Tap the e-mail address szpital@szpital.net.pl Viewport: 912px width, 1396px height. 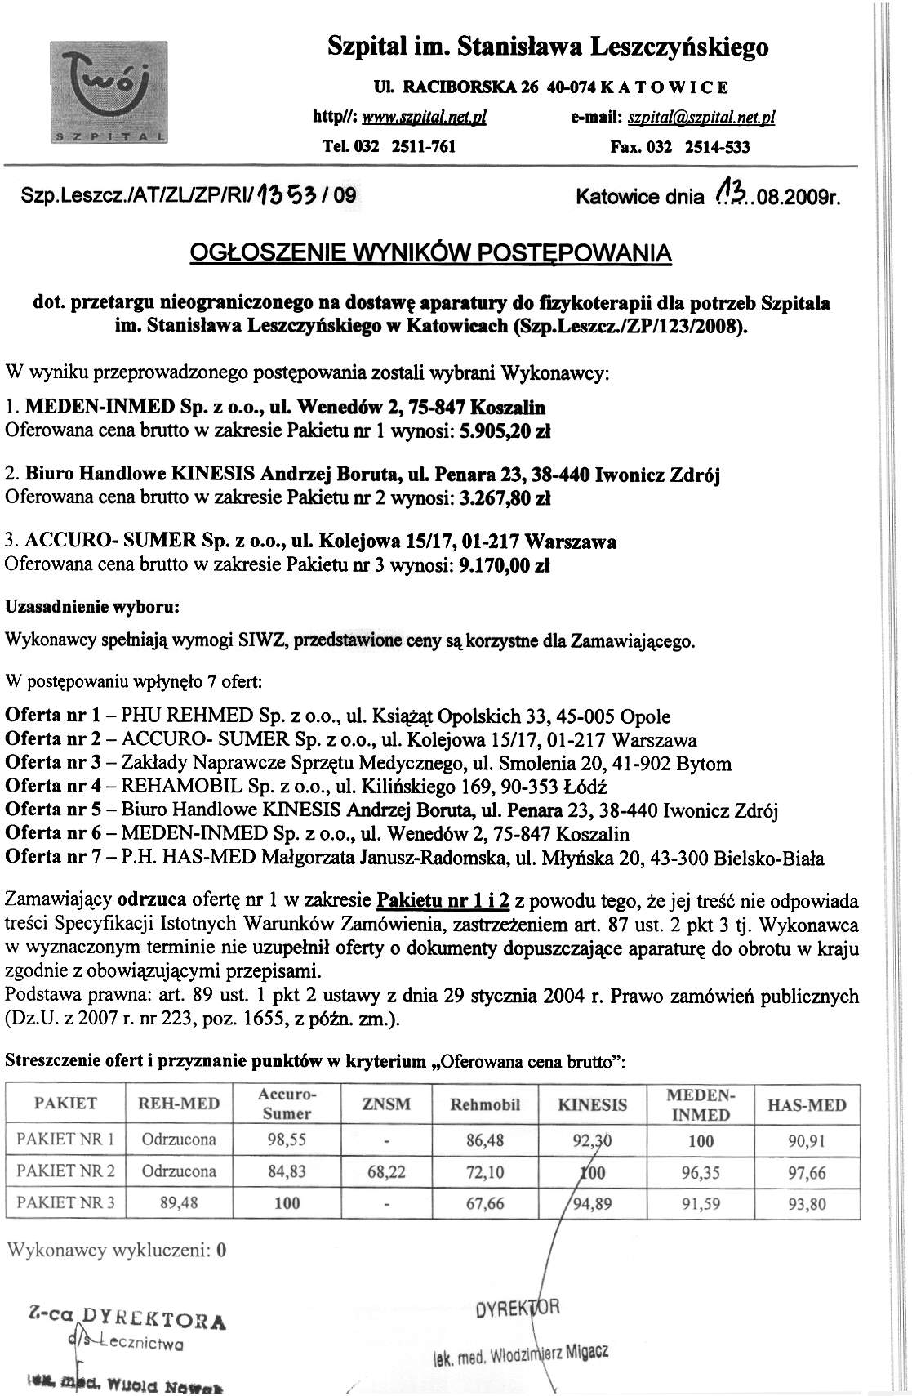pos(701,118)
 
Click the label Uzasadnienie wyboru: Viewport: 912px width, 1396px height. pos(92,608)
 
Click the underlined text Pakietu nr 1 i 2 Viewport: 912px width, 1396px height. pos(443,901)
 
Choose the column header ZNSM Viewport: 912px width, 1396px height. pos(385,1104)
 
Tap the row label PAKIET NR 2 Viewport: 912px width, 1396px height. pos(65,1171)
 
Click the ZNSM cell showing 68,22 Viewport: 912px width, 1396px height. pos(386,1171)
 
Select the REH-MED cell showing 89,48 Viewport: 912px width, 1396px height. pos(179,1203)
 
